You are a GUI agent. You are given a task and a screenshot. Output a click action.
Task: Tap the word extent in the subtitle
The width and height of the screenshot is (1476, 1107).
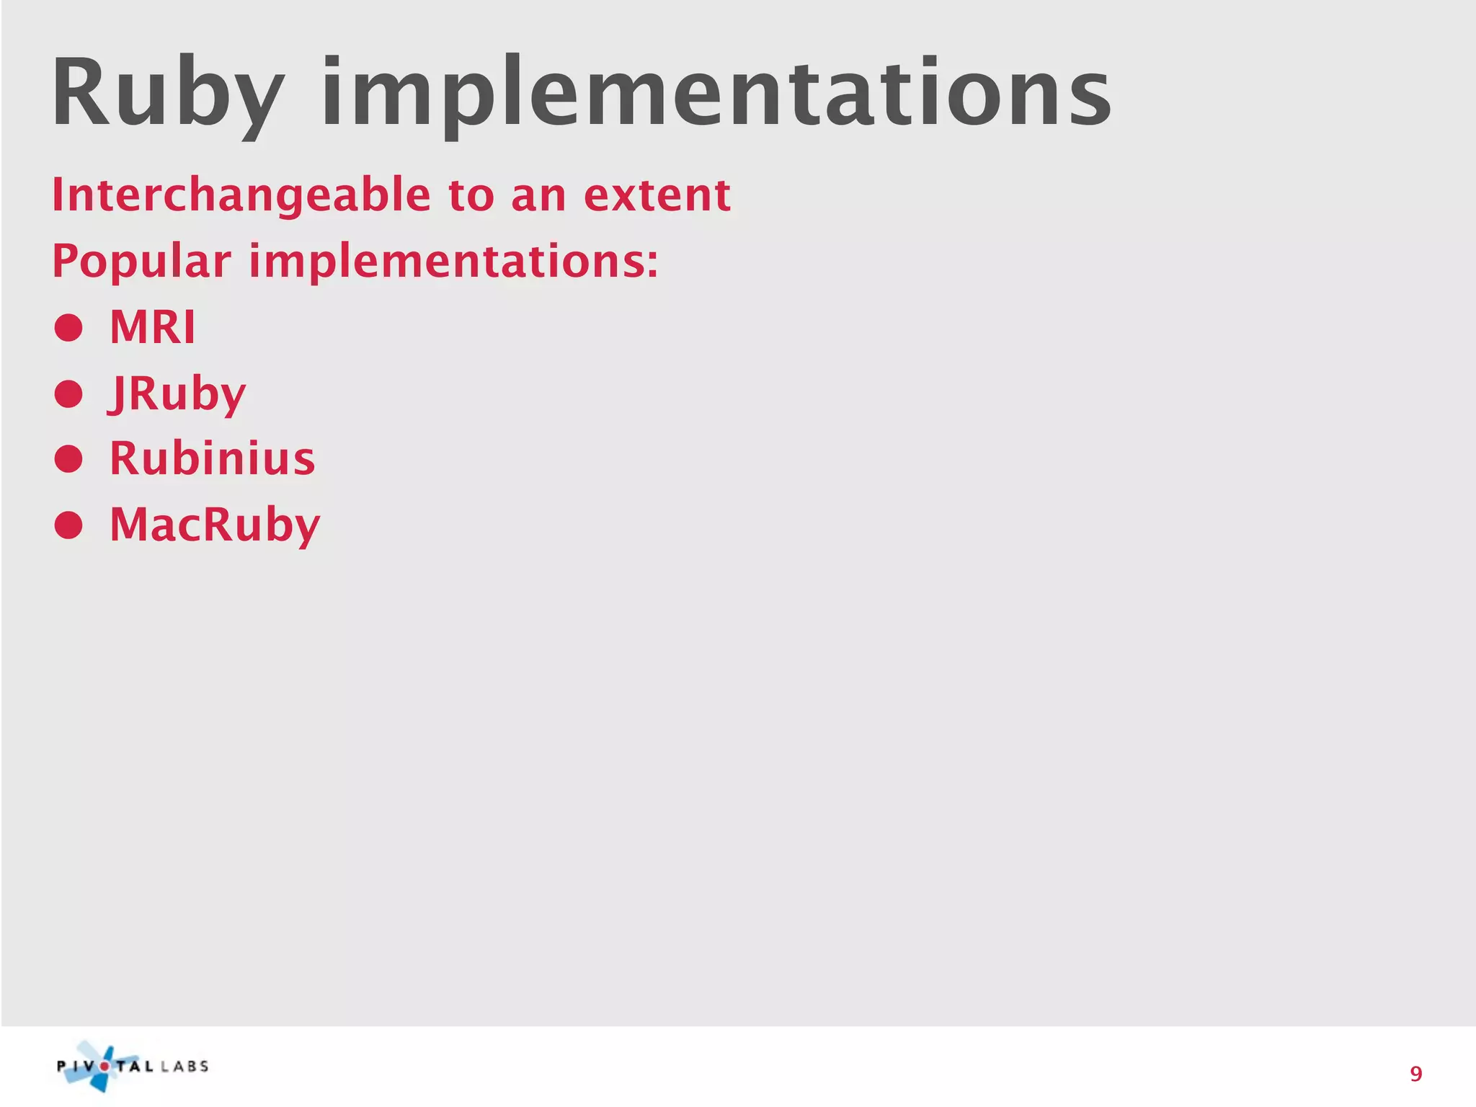pos(657,195)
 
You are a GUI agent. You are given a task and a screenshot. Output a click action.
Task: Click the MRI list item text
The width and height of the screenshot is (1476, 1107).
pos(152,327)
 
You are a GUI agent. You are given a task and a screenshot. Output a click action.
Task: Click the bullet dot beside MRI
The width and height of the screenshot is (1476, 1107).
pos(68,328)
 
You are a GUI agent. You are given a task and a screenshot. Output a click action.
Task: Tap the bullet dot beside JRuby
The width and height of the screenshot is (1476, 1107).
pos(68,394)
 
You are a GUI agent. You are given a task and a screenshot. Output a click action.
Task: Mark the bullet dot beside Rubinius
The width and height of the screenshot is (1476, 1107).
pos(68,459)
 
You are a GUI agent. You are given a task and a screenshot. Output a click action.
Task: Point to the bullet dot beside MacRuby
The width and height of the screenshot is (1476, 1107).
pos(68,525)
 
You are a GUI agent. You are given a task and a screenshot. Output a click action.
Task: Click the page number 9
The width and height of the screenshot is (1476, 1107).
pos(1415,1075)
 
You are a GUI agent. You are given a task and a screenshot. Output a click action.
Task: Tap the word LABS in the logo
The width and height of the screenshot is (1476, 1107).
pos(185,1067)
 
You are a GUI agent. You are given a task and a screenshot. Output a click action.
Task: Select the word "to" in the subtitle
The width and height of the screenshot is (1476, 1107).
pos(471,195)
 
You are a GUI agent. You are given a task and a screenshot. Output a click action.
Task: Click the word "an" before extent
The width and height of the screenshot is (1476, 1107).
pos(538,195)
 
